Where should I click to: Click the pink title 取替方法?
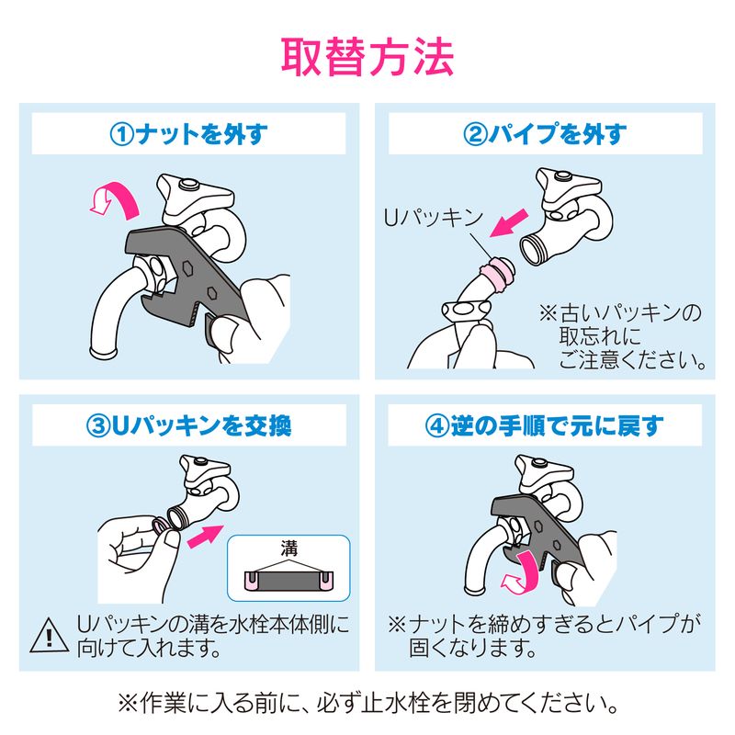click(367, 57)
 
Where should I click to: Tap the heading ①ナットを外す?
click(189, 134)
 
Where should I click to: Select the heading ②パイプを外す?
click(545, 134)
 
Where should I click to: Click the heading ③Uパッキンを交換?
click(189, 425)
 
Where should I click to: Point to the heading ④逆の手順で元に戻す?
click(545, 425)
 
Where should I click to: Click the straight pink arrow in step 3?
click(205, 536)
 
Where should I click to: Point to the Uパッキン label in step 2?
click(433, 218)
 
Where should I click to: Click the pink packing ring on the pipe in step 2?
click(493, 277)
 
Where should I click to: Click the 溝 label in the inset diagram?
click(289, 548)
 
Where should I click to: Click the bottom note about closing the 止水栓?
click(367, 703)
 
